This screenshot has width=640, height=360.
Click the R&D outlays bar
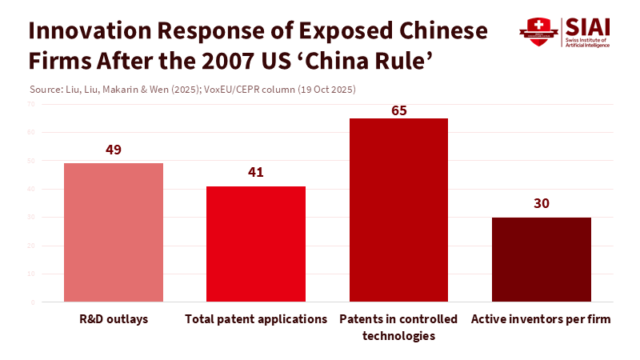point(114,232)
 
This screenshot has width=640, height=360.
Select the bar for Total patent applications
point(256,244)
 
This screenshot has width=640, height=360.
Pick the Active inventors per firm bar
point(541,259)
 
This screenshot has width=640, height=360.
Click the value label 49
point(114,150)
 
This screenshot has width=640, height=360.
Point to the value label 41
point(256,172)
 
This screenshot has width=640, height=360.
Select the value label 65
point(398,110)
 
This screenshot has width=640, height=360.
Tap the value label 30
point(541,203)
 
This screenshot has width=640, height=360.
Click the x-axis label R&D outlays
point(114,319)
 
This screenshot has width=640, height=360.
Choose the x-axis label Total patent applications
point(256,319)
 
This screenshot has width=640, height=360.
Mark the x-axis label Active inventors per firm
point(541,319)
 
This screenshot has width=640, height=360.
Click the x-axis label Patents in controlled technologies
point(398,327)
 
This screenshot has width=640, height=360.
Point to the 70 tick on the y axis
point(30,104)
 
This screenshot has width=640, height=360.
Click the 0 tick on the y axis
point(33,302)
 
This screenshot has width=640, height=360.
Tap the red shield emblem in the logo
point(537,33)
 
